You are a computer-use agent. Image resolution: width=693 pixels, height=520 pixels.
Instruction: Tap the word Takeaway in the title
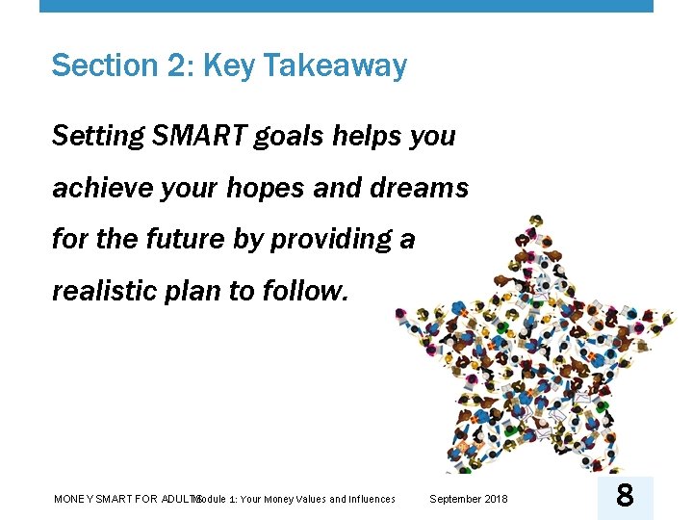click(x=334, y=65)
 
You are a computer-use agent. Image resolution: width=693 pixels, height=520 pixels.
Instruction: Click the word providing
click(x=330, y=239)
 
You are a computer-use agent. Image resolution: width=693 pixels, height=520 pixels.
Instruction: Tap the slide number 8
click(x=625, y=497)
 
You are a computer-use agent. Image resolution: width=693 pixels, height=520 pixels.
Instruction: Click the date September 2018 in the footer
click(x=469, y=499)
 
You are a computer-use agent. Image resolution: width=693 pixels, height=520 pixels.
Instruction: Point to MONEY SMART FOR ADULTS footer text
click(x=123, y=499)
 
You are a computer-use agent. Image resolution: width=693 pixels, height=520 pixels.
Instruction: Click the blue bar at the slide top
click(x=346, y=6)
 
